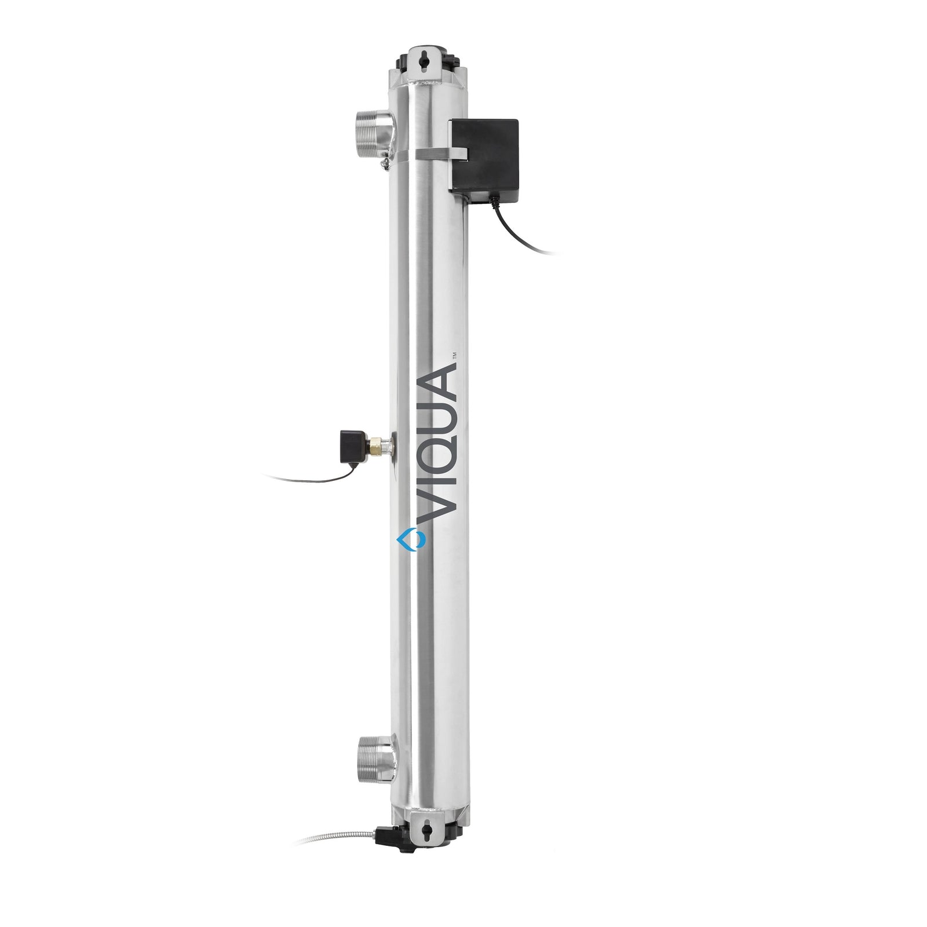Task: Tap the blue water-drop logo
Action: click(x=410, y=539)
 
